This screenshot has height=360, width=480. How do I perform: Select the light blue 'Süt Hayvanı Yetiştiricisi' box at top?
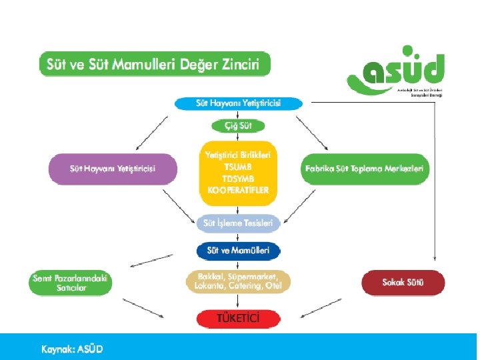(x=238, y=103)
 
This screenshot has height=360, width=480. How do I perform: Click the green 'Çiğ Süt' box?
(x=238, y=125)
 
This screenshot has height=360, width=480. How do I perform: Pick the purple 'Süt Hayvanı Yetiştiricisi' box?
(x=113, y=169)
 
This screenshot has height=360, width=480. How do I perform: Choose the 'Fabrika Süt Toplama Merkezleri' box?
(x=364, y=169)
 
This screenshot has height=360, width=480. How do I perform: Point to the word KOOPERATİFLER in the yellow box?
(x=238, y=190)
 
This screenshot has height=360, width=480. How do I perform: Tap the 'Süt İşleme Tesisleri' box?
(x=238, y=223)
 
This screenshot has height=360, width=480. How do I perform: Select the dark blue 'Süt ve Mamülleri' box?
(x=238, y=251)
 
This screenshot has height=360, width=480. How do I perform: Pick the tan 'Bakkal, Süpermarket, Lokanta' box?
(x=238, y=281)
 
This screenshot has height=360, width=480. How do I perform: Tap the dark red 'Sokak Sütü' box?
(x=403, y=283)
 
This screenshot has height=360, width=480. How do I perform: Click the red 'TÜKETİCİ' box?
(x=238, y=318)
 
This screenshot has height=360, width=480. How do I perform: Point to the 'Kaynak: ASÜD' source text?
(x=72, y=349)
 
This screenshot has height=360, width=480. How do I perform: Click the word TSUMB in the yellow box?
(x=238, y=166)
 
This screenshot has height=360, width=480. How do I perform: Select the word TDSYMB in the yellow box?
(x=238, y=178)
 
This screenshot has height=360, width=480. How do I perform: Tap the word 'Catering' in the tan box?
(x=244, y=287)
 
